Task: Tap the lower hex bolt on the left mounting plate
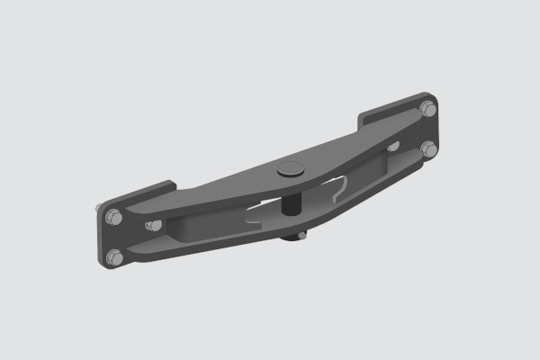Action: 113,258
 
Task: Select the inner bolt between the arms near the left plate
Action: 154,225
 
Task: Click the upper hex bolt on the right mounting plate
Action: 428,109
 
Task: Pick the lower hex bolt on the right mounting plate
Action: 428,148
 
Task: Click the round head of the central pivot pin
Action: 291,167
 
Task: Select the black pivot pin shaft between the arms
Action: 291,202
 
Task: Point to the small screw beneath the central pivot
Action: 301,235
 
